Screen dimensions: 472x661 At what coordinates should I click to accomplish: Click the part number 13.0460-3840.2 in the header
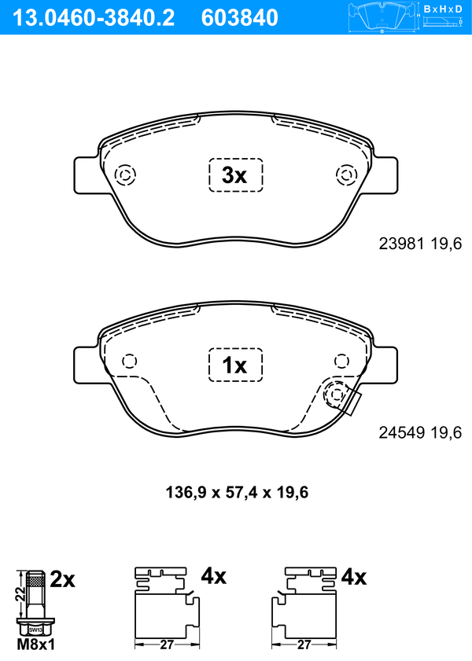[93, 18]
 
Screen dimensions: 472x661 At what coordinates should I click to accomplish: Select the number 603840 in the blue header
[240, 18]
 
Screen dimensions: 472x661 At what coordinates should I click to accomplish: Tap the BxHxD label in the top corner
[442, 9]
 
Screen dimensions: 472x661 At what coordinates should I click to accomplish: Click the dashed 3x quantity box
[236, 175]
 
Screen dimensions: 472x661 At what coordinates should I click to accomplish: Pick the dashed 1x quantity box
[236, 365]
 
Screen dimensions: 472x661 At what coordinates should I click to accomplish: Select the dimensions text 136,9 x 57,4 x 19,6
[237, 492]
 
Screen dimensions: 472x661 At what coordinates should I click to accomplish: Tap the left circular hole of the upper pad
[125, 174]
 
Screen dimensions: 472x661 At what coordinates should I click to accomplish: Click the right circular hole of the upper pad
[347, 174]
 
